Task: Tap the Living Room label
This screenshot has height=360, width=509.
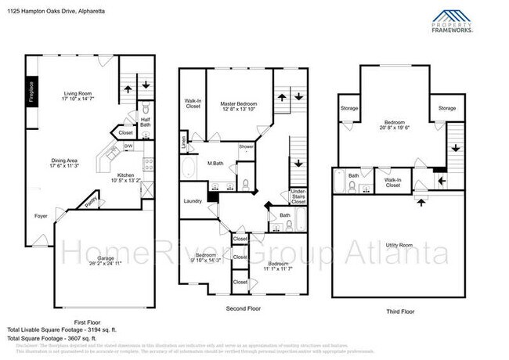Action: coord(78,96)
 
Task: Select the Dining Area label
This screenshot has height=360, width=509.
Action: coord(65,162)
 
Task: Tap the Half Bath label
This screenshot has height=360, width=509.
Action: coord(146,121)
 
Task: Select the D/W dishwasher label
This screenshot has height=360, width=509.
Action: coord(128,146)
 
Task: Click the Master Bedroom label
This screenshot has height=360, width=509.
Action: coord(238,106)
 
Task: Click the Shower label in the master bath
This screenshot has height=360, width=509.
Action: coord(246,146)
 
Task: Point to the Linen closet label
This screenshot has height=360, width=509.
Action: coord(184,142)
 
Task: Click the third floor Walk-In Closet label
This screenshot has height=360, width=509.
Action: coord(393,183)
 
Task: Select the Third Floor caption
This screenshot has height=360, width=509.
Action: coord(401,311)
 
